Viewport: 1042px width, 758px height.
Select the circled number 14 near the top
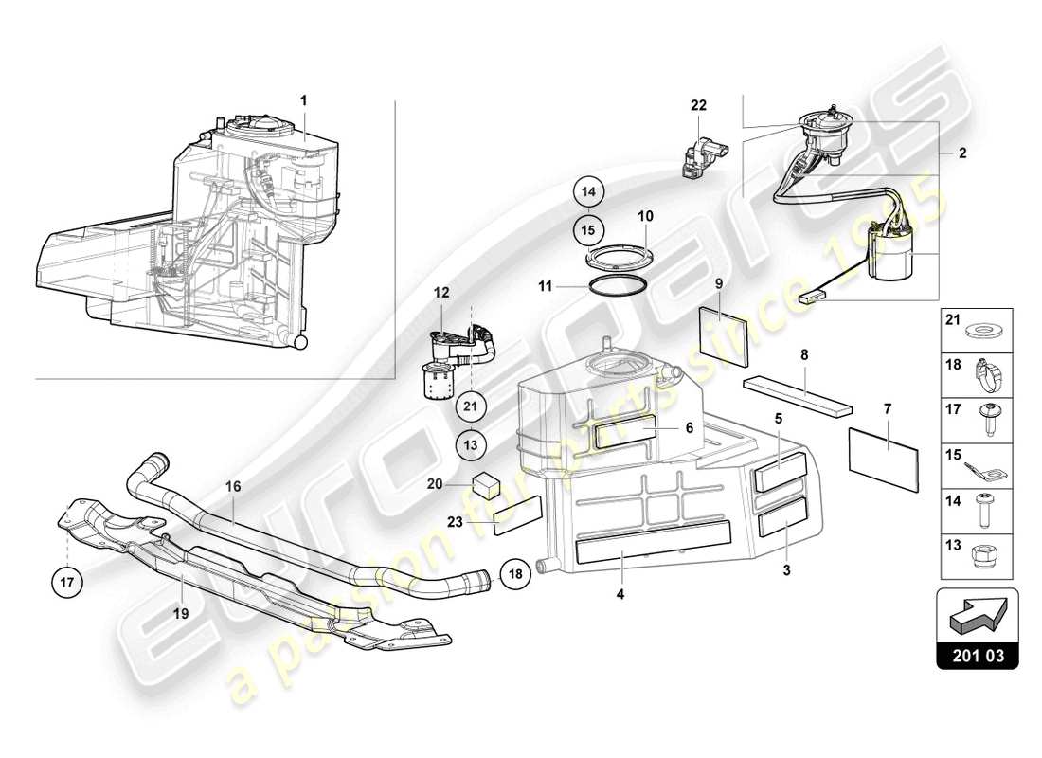click(587, 192)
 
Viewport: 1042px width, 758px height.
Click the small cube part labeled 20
click(489, 481)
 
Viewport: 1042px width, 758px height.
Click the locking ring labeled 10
click(618, 257)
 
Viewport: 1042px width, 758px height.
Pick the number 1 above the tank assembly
click(304, 99)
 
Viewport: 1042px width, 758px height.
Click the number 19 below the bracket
click(181, 613)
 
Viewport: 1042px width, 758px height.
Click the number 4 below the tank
click(621, 595)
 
